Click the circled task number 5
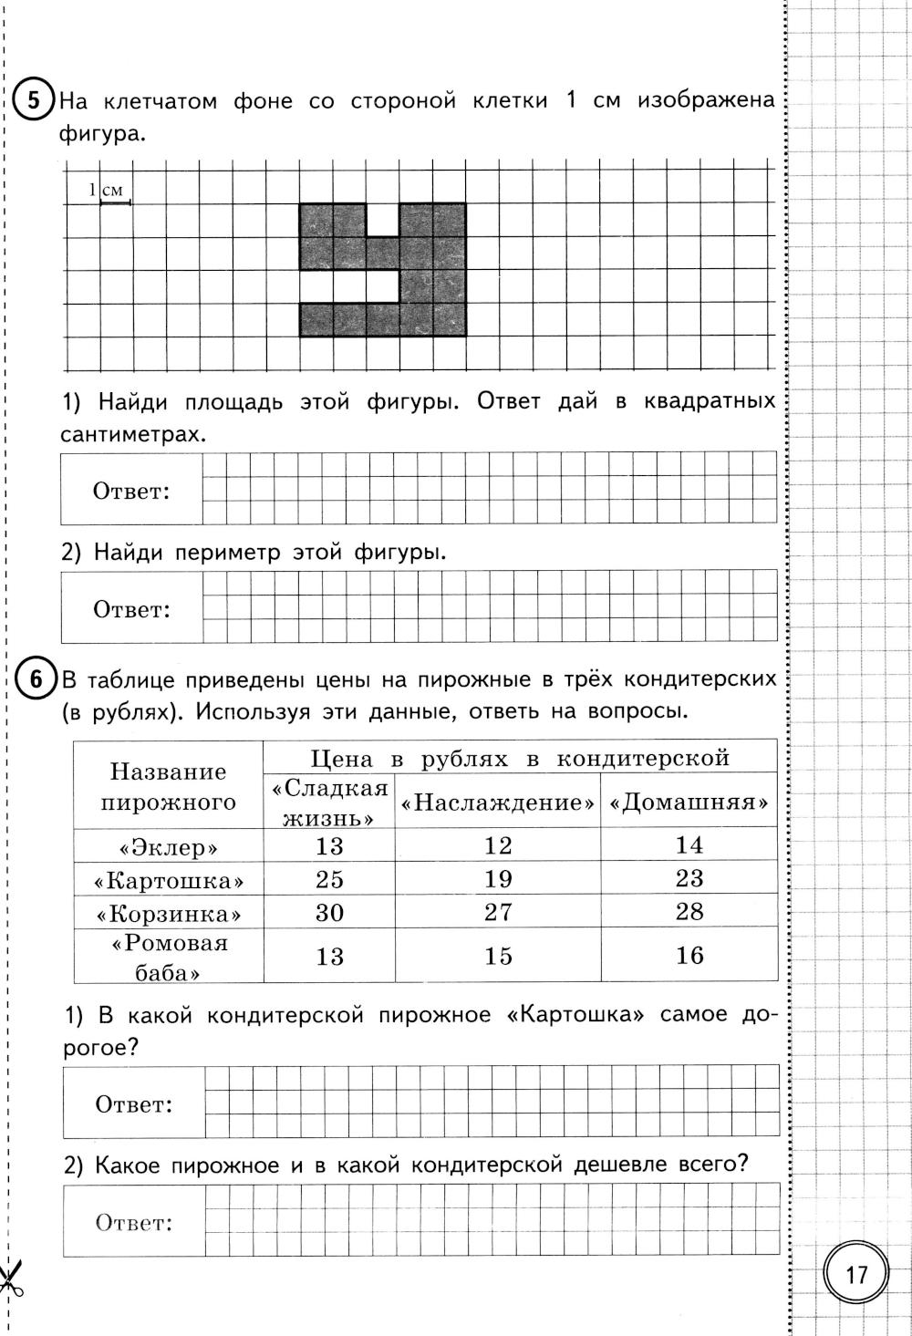click(33, 99)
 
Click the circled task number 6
click(35, 678)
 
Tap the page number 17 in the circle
click(856, 1274)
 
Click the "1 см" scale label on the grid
click(108, 192)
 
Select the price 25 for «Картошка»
click(329, 878)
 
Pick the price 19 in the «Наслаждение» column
click(498, 878)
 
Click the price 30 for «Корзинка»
click(329, 911)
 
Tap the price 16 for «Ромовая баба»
click(689, 955)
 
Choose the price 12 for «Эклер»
click(498, 845)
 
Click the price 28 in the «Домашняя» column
click(689, 911)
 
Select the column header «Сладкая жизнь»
click(329, 802)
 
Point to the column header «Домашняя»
click(689, 803)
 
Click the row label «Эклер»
click(169, 847)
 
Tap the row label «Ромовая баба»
click(169, 957)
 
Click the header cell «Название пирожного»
click(169, 787)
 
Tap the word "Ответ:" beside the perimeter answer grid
click(132, 609)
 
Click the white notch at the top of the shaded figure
click(383, 219)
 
